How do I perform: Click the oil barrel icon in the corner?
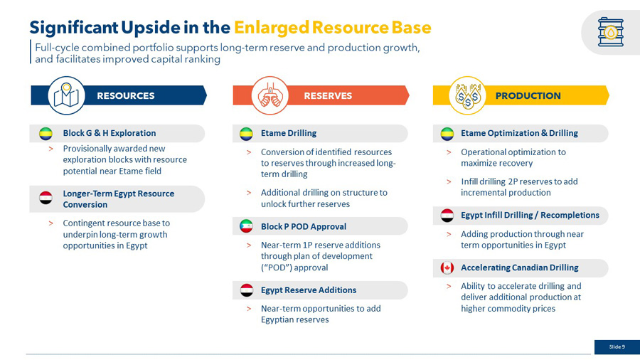point(611,32)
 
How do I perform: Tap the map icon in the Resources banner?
point(66,95)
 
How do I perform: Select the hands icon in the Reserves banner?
point(270,96)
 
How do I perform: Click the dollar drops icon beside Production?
point(468,96)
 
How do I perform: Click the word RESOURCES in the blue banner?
point(126,96)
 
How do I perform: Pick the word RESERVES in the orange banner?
point(328,96)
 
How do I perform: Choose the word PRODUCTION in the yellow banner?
point(528,96)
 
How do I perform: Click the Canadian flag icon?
point(447,268)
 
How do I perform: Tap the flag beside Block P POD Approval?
point(246,226)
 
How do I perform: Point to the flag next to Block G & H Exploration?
point(46,134)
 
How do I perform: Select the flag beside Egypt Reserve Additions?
point(246,290)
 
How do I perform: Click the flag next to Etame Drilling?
point(246,134)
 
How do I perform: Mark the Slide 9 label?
point(617,347)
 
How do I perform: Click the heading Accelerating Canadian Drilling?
point(520,268)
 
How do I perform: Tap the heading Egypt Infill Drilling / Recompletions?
point(530,215)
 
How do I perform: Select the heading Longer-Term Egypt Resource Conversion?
point(118,199)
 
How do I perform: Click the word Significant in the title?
point(73,28)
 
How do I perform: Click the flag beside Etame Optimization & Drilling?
point(447,134)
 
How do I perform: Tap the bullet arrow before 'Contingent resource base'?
point(50,223)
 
